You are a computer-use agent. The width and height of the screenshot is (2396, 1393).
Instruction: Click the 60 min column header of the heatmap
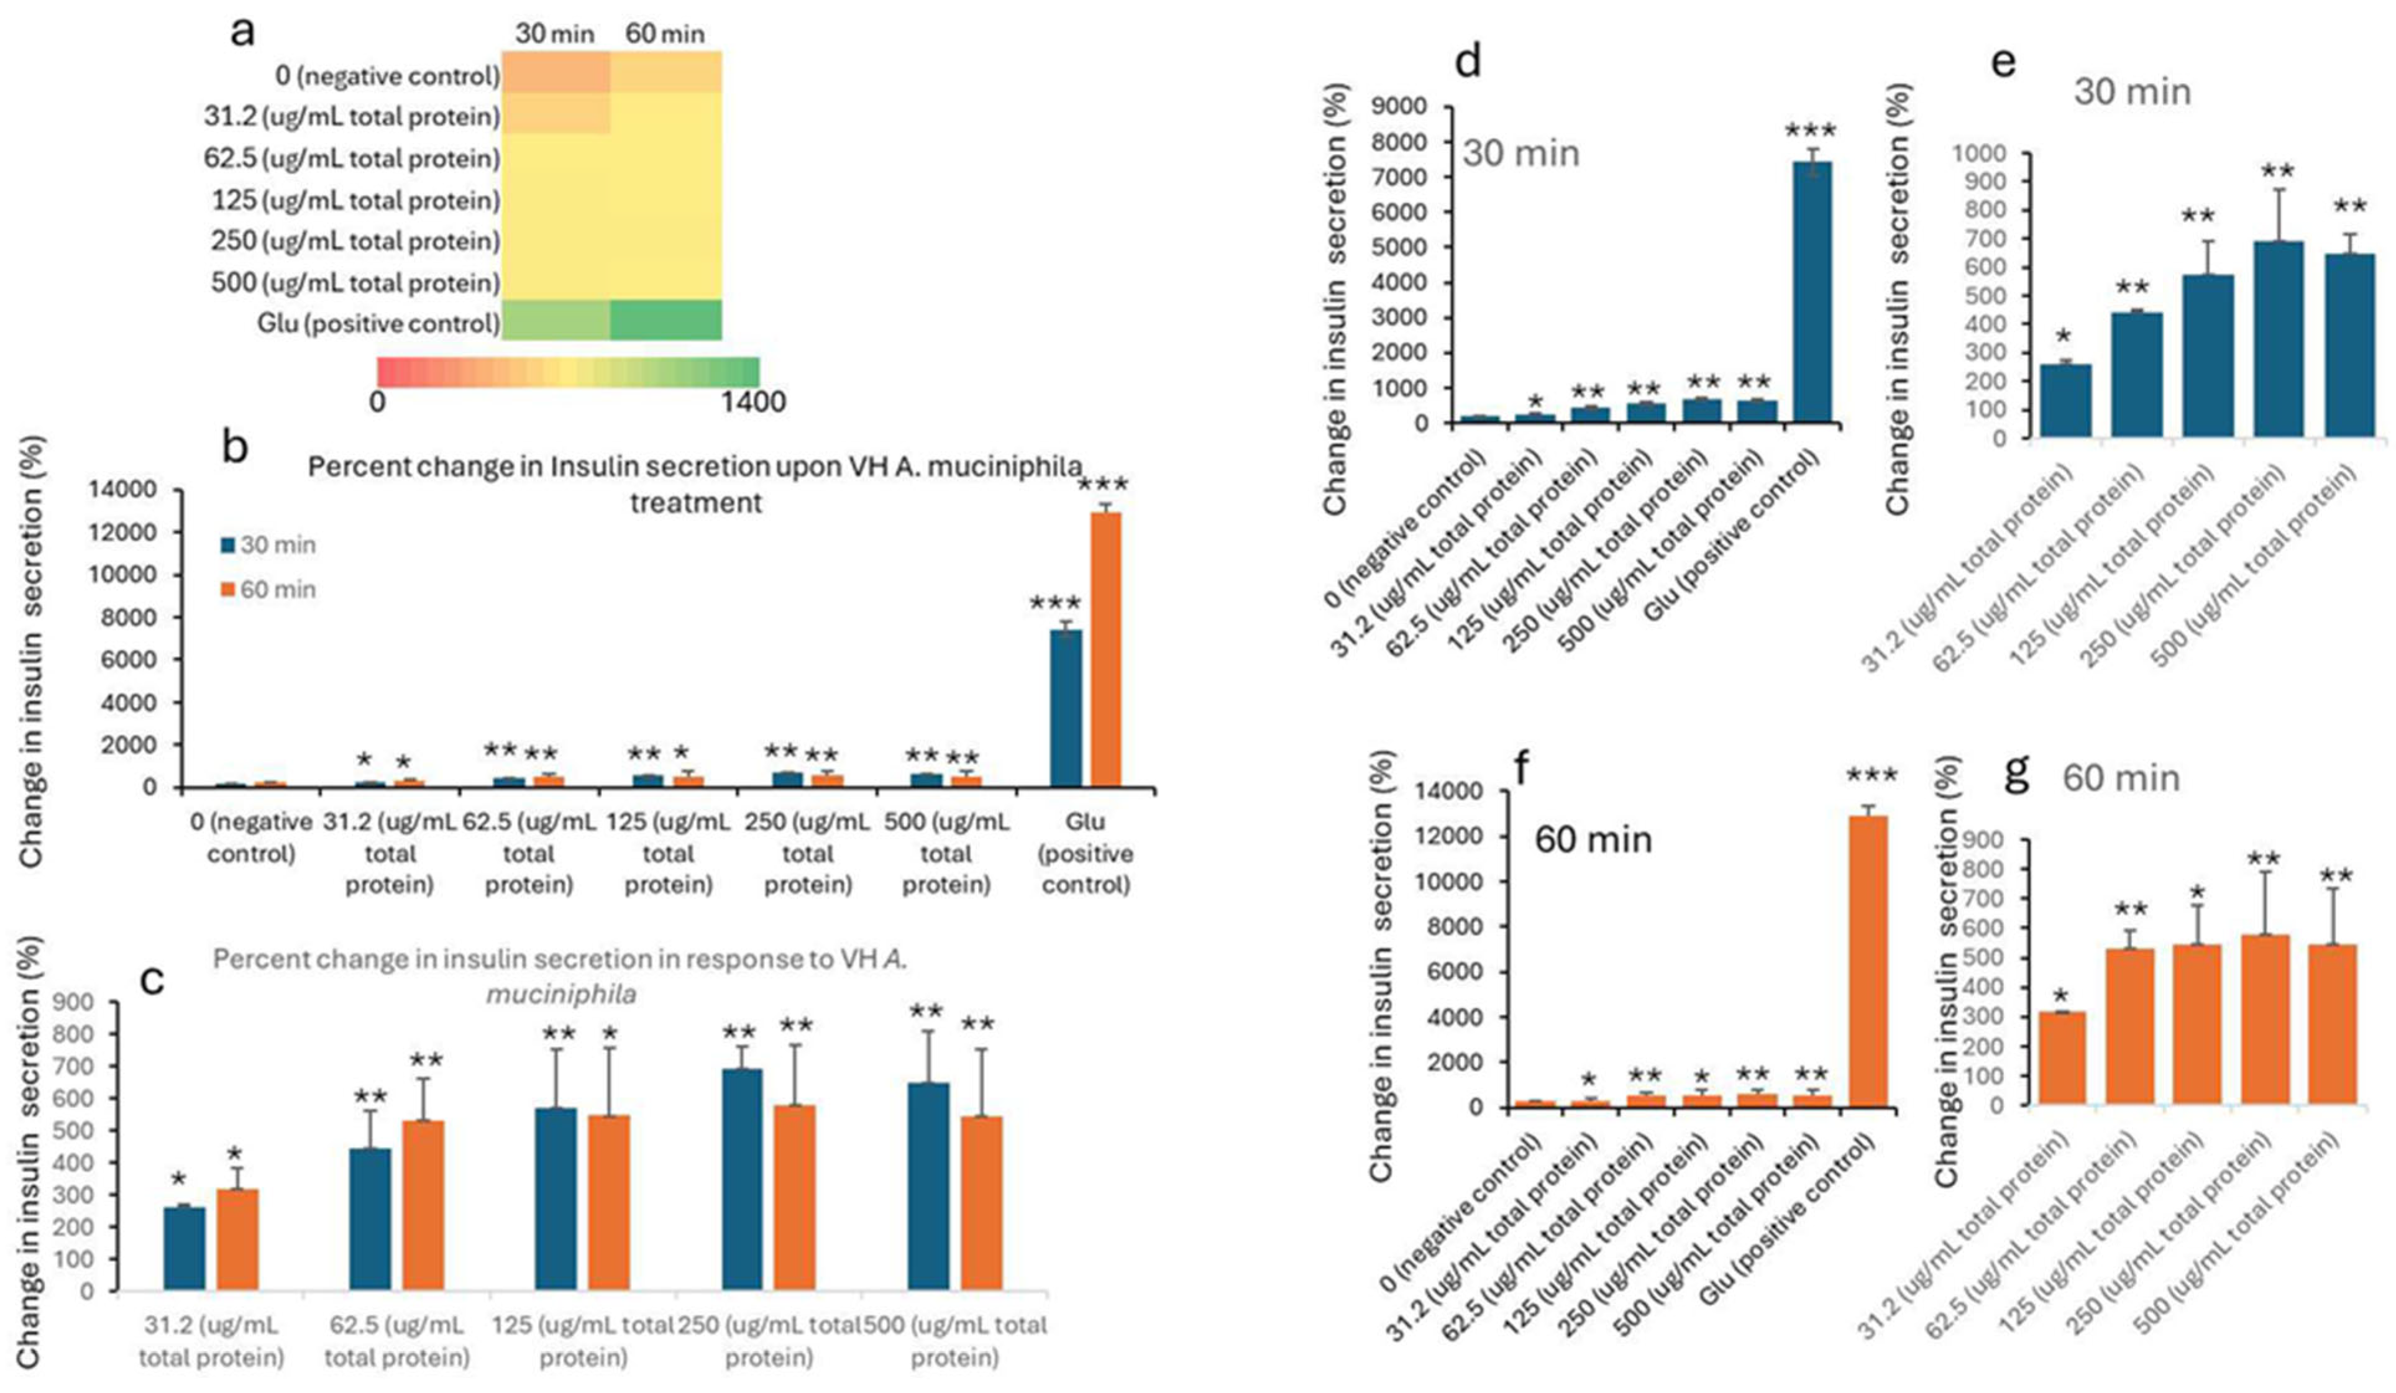pos(665,34)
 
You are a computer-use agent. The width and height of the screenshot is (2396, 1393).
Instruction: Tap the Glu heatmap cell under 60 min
pos(665,319)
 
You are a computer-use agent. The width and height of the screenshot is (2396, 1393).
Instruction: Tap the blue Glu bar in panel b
pos(1066,708)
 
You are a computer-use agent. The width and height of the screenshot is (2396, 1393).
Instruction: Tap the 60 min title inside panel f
pos(1594,839)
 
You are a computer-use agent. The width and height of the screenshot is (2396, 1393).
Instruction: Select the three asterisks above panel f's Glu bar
pos(1871,776)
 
